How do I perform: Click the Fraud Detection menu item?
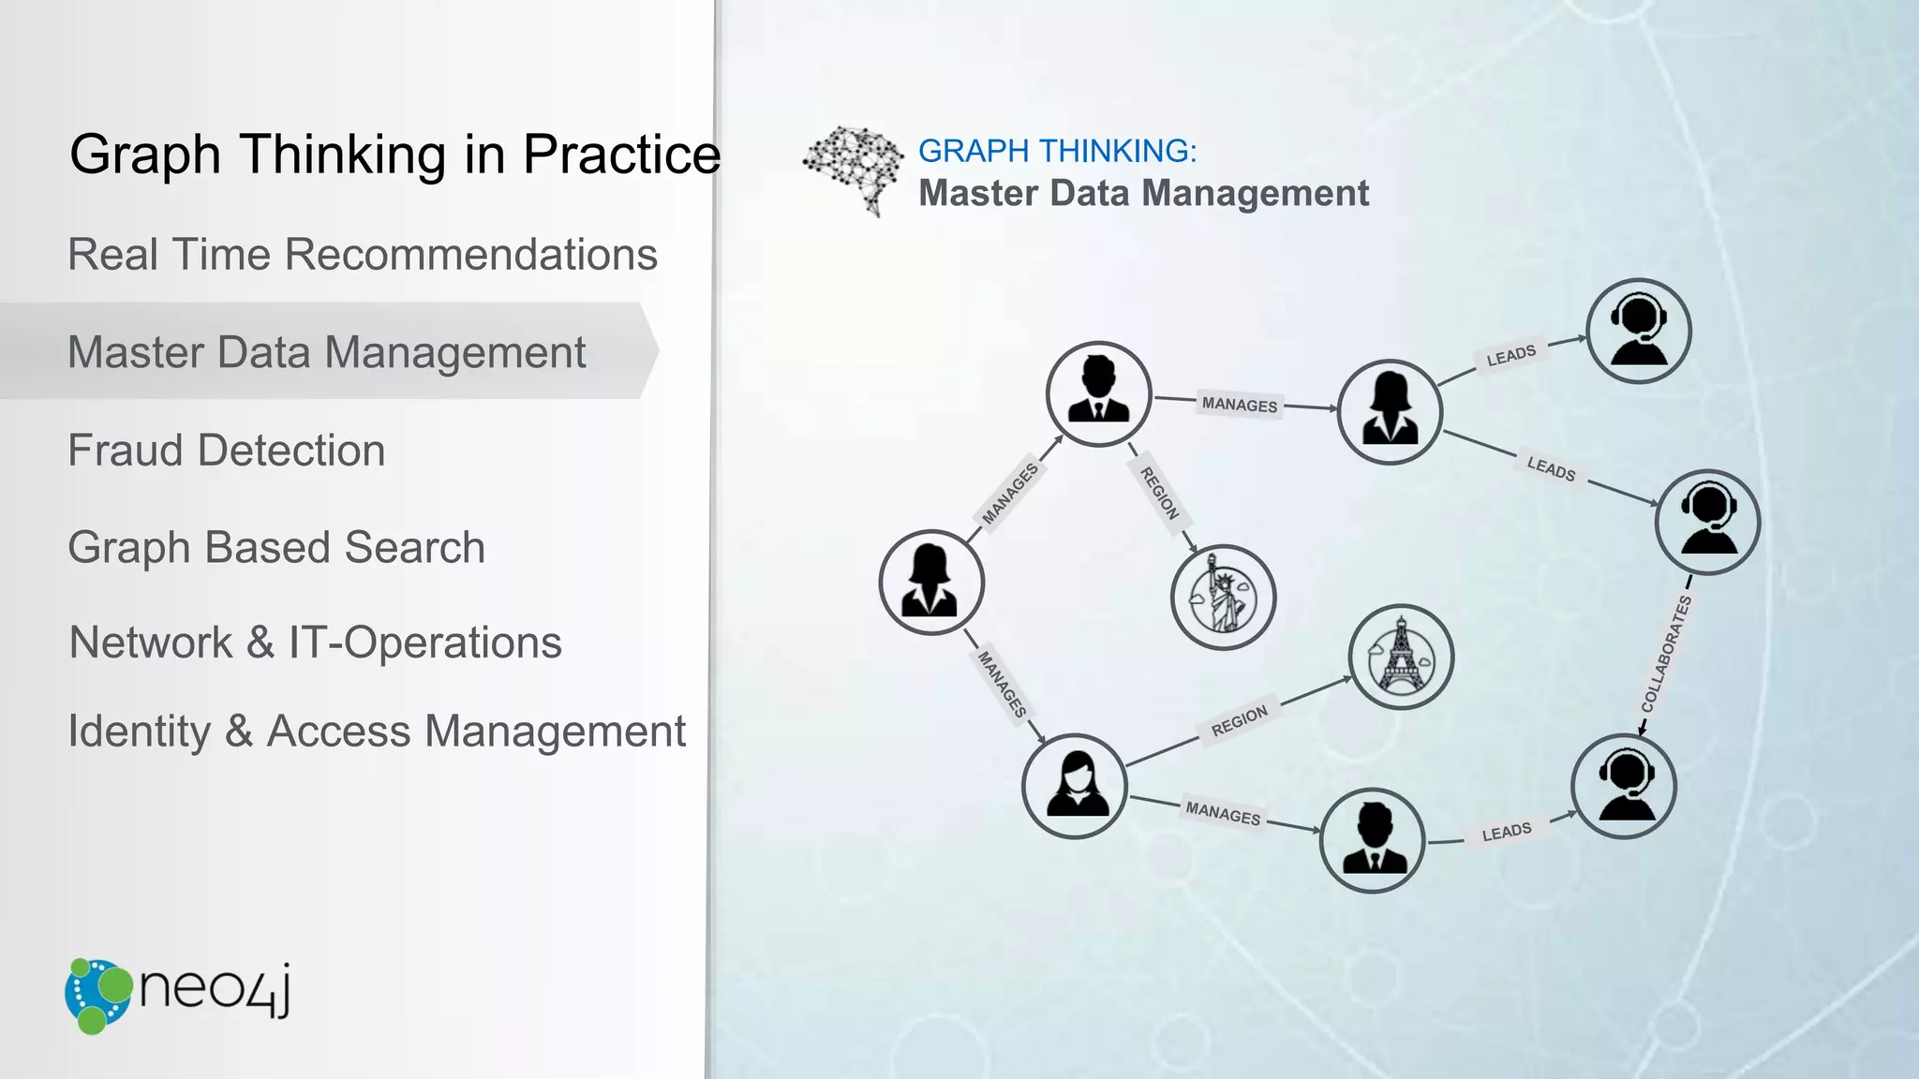[x=226, y=451]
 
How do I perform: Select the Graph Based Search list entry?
[x=276, y=548]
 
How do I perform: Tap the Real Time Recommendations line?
[x=363, y=255]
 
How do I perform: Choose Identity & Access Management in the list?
[x=377, y=732]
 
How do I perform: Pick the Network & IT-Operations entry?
[x=316, y=643]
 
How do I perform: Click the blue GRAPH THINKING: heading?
[x=1057, y=151]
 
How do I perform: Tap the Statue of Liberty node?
[x=1223, y=598]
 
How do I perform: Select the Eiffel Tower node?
[x=1401, y=657]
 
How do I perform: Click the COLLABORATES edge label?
[x=1666, y=653]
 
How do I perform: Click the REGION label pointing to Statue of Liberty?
[x=1159, y=493]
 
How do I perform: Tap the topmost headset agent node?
[x=1638, y=331]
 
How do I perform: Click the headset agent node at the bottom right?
[x=1624, y=786]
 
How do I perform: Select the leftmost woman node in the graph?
[x=931, y=583]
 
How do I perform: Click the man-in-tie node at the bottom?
[x=1372, y=840]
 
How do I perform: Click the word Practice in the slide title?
[x=621, y=155]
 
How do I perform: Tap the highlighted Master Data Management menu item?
[x=326, y=353]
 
